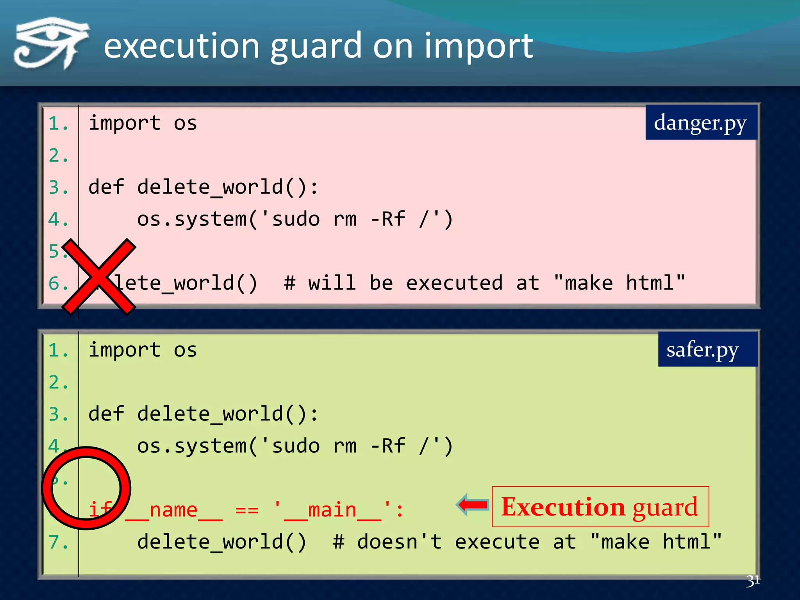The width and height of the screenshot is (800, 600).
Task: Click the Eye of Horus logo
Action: pos(51,43)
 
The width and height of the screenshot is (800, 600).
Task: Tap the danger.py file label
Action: pos(701,123)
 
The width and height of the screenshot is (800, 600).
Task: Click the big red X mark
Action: pos(98,277)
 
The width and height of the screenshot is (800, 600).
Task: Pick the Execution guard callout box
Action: pos(600,507)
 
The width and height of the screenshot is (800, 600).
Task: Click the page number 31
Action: pos(753,581)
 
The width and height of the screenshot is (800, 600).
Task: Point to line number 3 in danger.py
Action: pos(58,187)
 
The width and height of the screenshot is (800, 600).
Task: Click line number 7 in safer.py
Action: pos(58,542)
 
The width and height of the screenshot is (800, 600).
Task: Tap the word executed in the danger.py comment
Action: pos(454,283)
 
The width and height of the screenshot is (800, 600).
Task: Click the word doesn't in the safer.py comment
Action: pos(399,542)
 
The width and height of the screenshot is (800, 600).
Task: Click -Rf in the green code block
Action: pos(387,446)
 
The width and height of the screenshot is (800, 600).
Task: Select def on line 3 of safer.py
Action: pos(106,414)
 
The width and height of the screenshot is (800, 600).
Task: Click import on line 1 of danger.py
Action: pos(124,123)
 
